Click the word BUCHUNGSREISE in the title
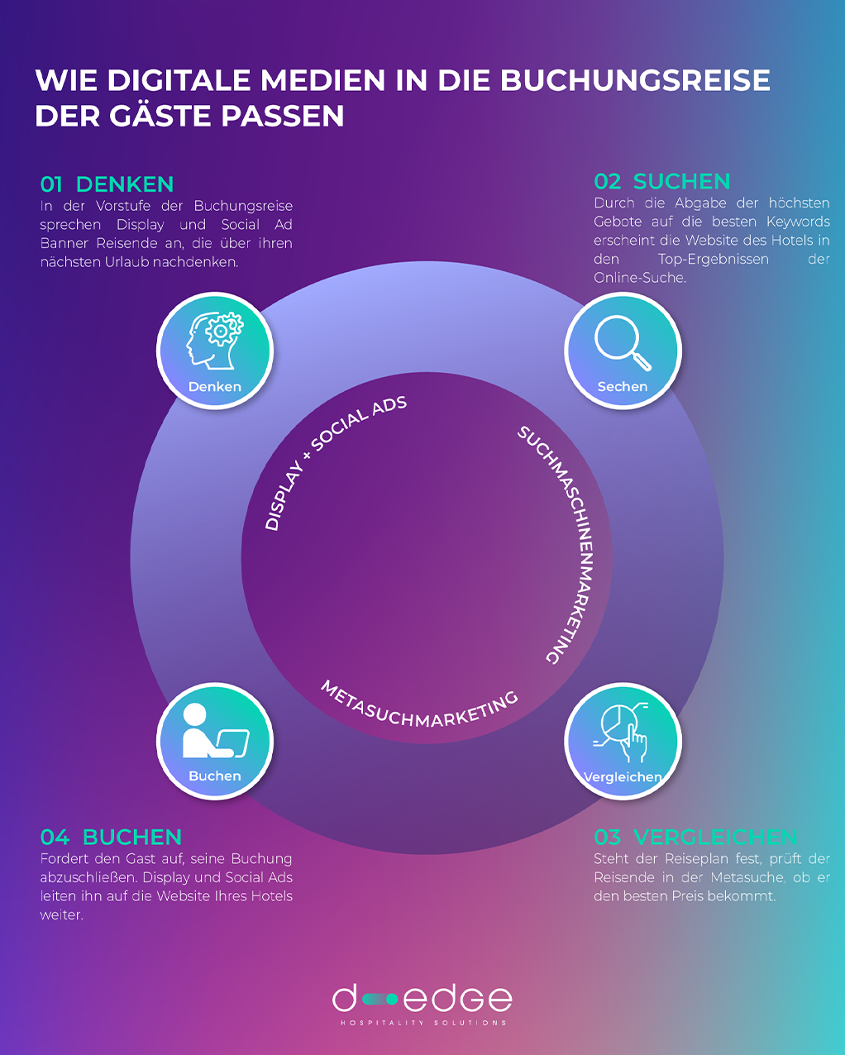635,80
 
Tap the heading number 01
51,185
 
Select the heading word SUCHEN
681,182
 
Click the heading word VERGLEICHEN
714,837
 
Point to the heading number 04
55,837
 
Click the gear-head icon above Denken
215,341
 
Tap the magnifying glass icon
623,342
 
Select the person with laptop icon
216,730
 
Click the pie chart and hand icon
622,733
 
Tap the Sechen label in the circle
623,386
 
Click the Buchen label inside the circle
215,776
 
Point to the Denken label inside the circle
215,387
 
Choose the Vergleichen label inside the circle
623,777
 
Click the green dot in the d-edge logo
392,999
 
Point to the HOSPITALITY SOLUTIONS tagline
423,1023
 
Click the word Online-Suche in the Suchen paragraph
639,278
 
